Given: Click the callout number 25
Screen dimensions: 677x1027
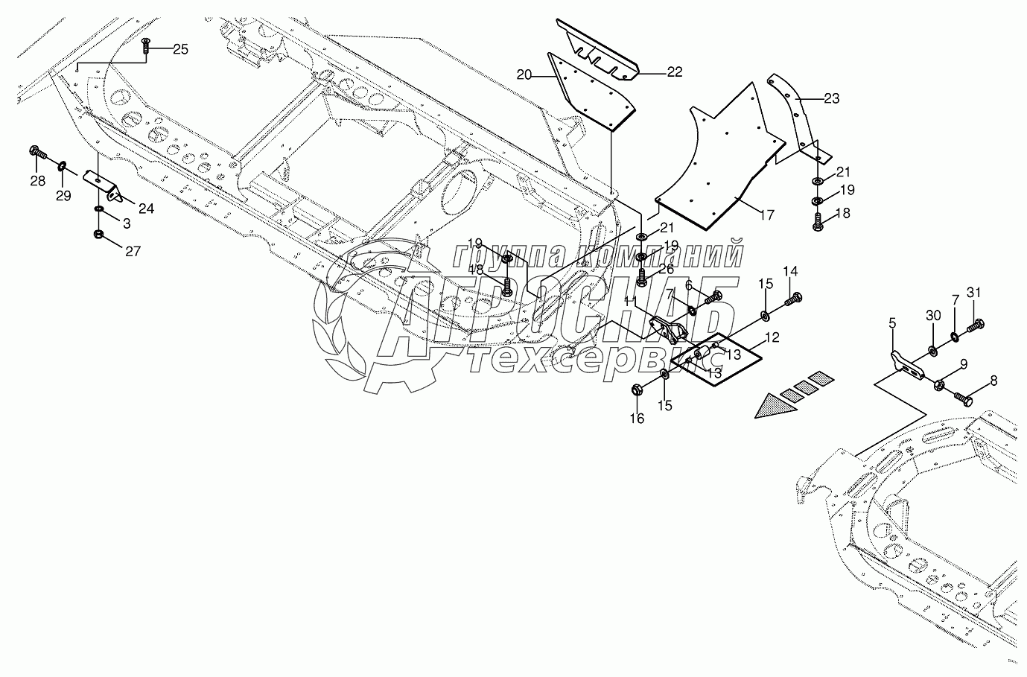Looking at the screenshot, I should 181,49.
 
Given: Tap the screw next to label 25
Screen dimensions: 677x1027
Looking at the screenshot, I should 147,46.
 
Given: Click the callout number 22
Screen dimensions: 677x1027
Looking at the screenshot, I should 674,71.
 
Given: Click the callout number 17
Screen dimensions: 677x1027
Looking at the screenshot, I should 767,215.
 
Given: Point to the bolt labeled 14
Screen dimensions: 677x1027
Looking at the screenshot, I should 792,299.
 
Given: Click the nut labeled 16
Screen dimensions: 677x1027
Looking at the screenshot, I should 637,390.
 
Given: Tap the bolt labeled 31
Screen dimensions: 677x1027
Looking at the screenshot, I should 976,325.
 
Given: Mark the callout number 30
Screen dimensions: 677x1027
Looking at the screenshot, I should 934,316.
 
